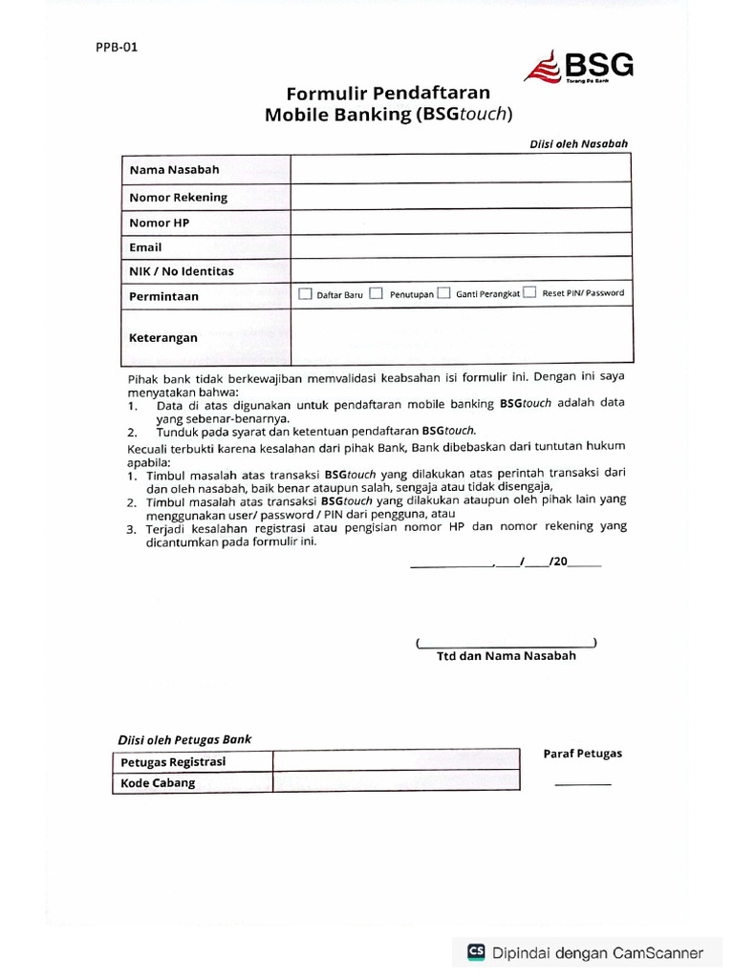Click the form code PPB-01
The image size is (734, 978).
[x=116, y=46]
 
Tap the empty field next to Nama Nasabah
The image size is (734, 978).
[x=461, y=169]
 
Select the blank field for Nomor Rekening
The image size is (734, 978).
[x=461, y=197]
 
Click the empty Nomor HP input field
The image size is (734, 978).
[x=461, y=222]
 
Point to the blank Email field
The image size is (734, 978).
[x=461, y=246]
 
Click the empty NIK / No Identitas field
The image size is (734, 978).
[x=461, y=270]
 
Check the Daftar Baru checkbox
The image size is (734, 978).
[x=305, y=294]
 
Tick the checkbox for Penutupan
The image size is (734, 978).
[x=377, y=294]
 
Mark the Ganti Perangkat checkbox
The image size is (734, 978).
[x=443, y=294]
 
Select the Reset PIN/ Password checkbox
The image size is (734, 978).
[x=529, y=293]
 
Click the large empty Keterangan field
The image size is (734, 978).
[x=461, y=336]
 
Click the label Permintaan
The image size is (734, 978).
[x=163, y=296]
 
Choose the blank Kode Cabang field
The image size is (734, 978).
[x=396, y=782]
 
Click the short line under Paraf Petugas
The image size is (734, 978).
[x=582, y=784]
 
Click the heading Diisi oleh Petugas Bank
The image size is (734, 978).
[x=184, y=739]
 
